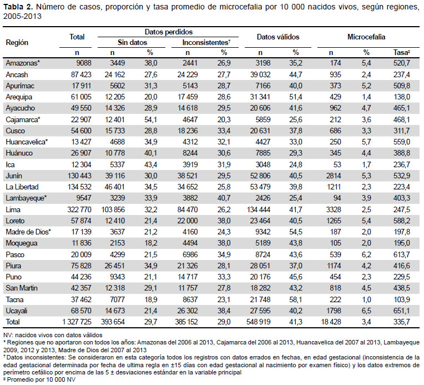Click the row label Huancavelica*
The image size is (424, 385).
[x=27, y=142]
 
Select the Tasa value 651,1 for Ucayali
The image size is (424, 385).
[x=402, y=311]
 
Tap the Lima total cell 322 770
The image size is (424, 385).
[x=79, y=209]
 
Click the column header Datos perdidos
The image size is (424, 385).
[x=169, y=32]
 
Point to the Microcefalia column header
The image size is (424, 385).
[x=366, y=37]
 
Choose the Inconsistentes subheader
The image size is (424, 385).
[x=206, y=43]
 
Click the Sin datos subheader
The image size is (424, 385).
[x=132, y=43]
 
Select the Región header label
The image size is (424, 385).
[x=17, y=43]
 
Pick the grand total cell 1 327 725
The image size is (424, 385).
[x=77, y=322]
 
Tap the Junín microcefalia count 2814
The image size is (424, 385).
[x=334, y=176]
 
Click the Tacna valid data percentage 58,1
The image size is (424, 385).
[x=296, y=299]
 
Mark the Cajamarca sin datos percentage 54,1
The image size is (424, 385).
[x=150, y=119]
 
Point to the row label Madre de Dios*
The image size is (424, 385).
[x=28, y=232]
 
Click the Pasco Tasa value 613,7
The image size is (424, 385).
[x=402, y=254]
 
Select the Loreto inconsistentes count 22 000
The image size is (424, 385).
[x=188, y=221]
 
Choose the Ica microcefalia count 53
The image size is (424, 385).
[x=337, y=164]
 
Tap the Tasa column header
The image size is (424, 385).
[x=402, y=53]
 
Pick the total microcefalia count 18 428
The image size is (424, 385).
[x=331, y=322]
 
